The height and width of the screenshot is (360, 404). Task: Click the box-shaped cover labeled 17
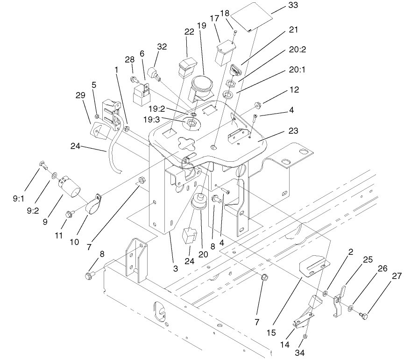click(224, 52)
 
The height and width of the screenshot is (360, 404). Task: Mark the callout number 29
click(80, 95)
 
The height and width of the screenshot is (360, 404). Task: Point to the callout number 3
click(176, 268)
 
